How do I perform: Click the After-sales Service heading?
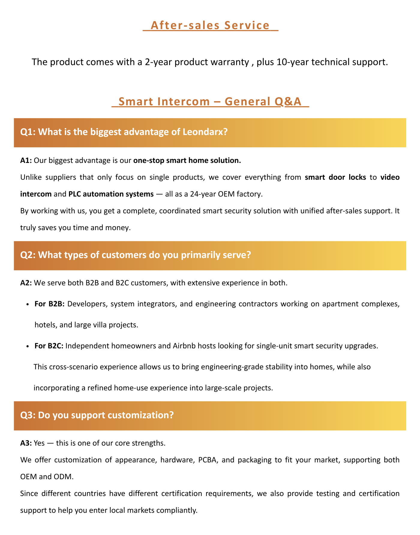[x=210, y=26]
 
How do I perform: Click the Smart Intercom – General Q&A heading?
[x=210, y=101]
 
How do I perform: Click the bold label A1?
[x=26, y=161]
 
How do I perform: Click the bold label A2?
[x=26, y=283]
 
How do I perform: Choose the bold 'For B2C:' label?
[x=49, y=346]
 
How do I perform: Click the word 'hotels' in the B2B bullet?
[x=45, y=325]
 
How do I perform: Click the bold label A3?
[x=26, y=443]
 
